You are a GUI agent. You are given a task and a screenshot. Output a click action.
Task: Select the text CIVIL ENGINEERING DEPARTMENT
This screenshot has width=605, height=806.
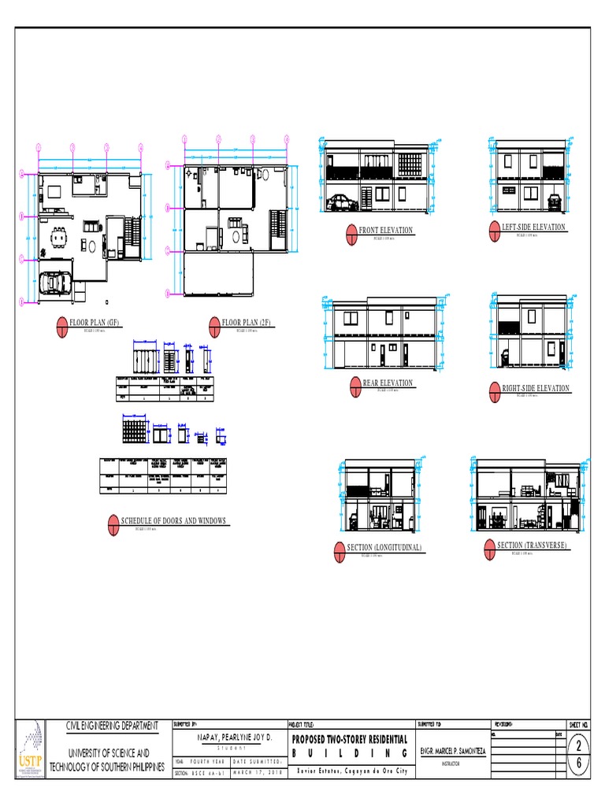pyautogui.click(x=111, y=726)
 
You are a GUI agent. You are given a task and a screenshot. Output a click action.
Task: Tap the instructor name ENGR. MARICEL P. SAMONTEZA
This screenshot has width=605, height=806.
pyautogui.click(x=451, y=752)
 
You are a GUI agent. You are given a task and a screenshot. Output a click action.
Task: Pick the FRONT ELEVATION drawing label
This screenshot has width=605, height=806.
pyautogui.click(x=385, y=231)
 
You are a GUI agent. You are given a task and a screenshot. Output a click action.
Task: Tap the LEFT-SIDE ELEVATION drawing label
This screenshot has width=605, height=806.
pyautogui.click(x=533, y=227)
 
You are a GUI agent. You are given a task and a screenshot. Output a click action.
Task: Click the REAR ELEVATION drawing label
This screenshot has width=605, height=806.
pyautogui.click(x=387, y=383)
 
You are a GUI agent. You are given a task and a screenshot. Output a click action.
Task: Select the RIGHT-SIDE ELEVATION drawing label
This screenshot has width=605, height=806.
pyautogui.click(x=535, y=389)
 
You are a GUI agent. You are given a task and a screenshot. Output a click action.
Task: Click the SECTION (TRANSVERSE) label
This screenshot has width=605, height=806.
pyautogui.click(x=532, y=545)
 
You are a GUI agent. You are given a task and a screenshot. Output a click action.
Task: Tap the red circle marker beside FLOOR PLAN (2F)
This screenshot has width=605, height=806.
pyautogui.click(x=213, y=324)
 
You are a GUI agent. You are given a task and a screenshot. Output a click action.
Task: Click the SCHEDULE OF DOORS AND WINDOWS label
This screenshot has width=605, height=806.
pyautogui.click(x=173, y=521)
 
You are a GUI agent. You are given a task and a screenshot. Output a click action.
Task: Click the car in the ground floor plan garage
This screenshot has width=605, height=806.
pyautogui.click(x=56, y=283)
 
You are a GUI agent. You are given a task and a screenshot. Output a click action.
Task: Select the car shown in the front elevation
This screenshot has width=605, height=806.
pyautogui.click(x=343, y=202)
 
